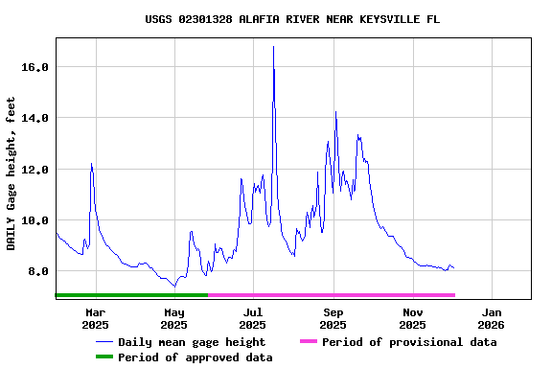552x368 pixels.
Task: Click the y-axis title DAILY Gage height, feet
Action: pos(11,173)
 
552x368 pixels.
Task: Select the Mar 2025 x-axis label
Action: pos(95,318)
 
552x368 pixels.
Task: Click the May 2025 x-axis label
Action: pos(174,318)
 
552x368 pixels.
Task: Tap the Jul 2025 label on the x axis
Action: pos(253,318)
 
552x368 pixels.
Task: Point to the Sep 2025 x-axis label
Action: pos(333,318)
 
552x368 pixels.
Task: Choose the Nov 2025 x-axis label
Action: pos(413,318)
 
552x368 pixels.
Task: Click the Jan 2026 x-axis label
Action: pos(492,318)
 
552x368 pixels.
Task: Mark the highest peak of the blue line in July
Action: pos(273,47)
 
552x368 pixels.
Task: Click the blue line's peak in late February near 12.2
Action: pos(91,164)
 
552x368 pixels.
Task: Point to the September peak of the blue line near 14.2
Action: pos(335,112)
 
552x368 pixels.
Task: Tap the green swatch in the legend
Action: pos(103,357)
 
